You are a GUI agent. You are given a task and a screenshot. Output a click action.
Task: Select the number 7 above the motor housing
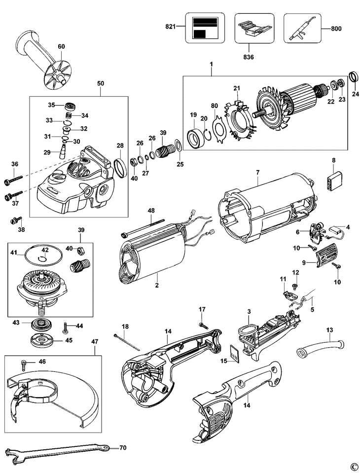tap(257, 173)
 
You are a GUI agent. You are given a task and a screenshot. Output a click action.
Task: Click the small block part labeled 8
tap(333, 178)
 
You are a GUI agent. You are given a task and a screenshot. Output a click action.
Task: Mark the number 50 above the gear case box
tap(100, 84)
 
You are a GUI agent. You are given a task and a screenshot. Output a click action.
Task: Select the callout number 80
tap(214, 106)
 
